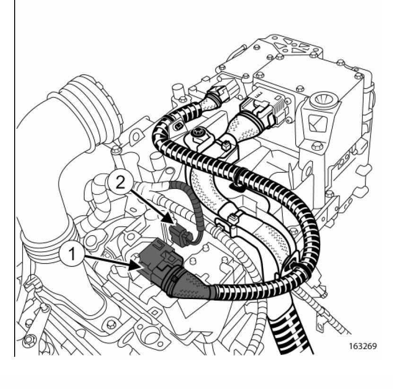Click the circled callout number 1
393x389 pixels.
coord(72,255)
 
